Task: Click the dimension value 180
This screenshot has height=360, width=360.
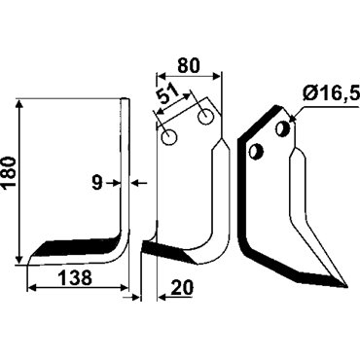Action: [x=9, y=172]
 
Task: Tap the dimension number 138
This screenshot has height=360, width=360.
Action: [x=76, y=277]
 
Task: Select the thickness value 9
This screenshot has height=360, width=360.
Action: [x=96, y=184]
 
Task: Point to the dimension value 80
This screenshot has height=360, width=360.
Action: [x=189, y=65]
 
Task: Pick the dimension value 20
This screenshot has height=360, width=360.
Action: [x=182, y=287]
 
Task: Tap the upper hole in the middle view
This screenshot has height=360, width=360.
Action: [x=205, y=116]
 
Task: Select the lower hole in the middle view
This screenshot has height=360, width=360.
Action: [x=169, y=137]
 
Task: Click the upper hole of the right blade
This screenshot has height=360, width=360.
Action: [x=282, y=129]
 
